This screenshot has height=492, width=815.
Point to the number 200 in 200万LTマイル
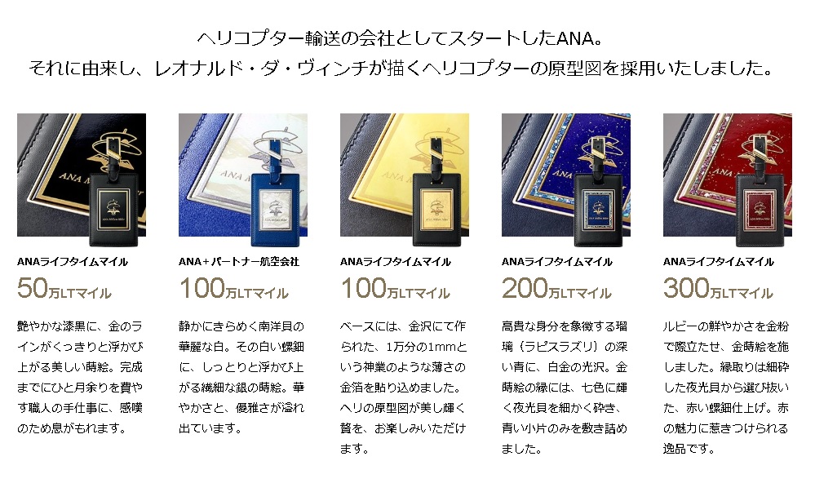[525, 289]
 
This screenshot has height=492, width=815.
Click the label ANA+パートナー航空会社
[238, 262]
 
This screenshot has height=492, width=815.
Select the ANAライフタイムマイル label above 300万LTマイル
[719, 262]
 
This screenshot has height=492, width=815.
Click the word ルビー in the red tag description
[686, 326]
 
